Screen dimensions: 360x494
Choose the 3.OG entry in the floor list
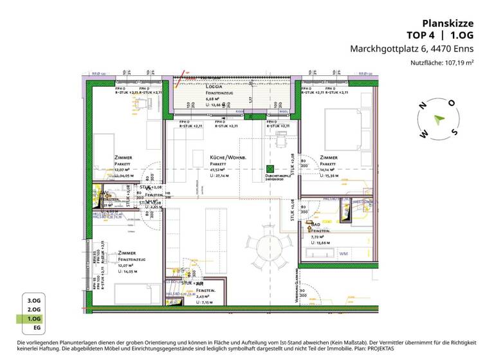33,300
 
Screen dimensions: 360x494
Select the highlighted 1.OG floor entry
33,318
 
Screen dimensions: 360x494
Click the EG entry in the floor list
33,327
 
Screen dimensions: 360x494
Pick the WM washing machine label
343,253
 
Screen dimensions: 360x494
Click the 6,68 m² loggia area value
214,98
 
